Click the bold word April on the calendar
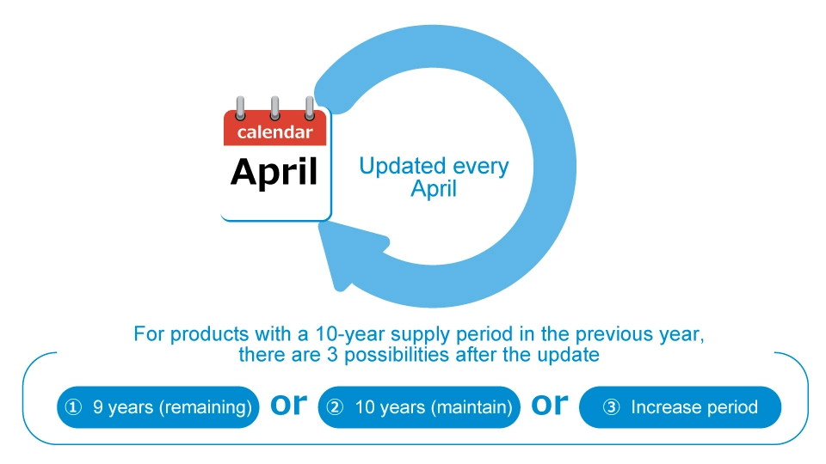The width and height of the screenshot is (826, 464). tap(274, 172)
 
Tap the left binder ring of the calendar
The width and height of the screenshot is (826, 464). tap(240, 107)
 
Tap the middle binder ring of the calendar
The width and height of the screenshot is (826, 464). tap(274, 107)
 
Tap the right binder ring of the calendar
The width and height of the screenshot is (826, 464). tap(309, 107)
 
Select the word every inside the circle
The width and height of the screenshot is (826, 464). tap(478, 166)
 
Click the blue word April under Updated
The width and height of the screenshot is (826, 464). tap(433, 189)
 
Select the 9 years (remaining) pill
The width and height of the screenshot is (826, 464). tap(158, 406)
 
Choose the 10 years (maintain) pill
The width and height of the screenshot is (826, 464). tap(421, 406)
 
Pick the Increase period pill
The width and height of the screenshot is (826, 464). tap(680, 406)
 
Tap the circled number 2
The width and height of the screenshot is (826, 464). tap(337, 407)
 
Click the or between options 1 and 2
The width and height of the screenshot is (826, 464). tap(289, 404)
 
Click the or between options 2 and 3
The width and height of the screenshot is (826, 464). tap(551, 404)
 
